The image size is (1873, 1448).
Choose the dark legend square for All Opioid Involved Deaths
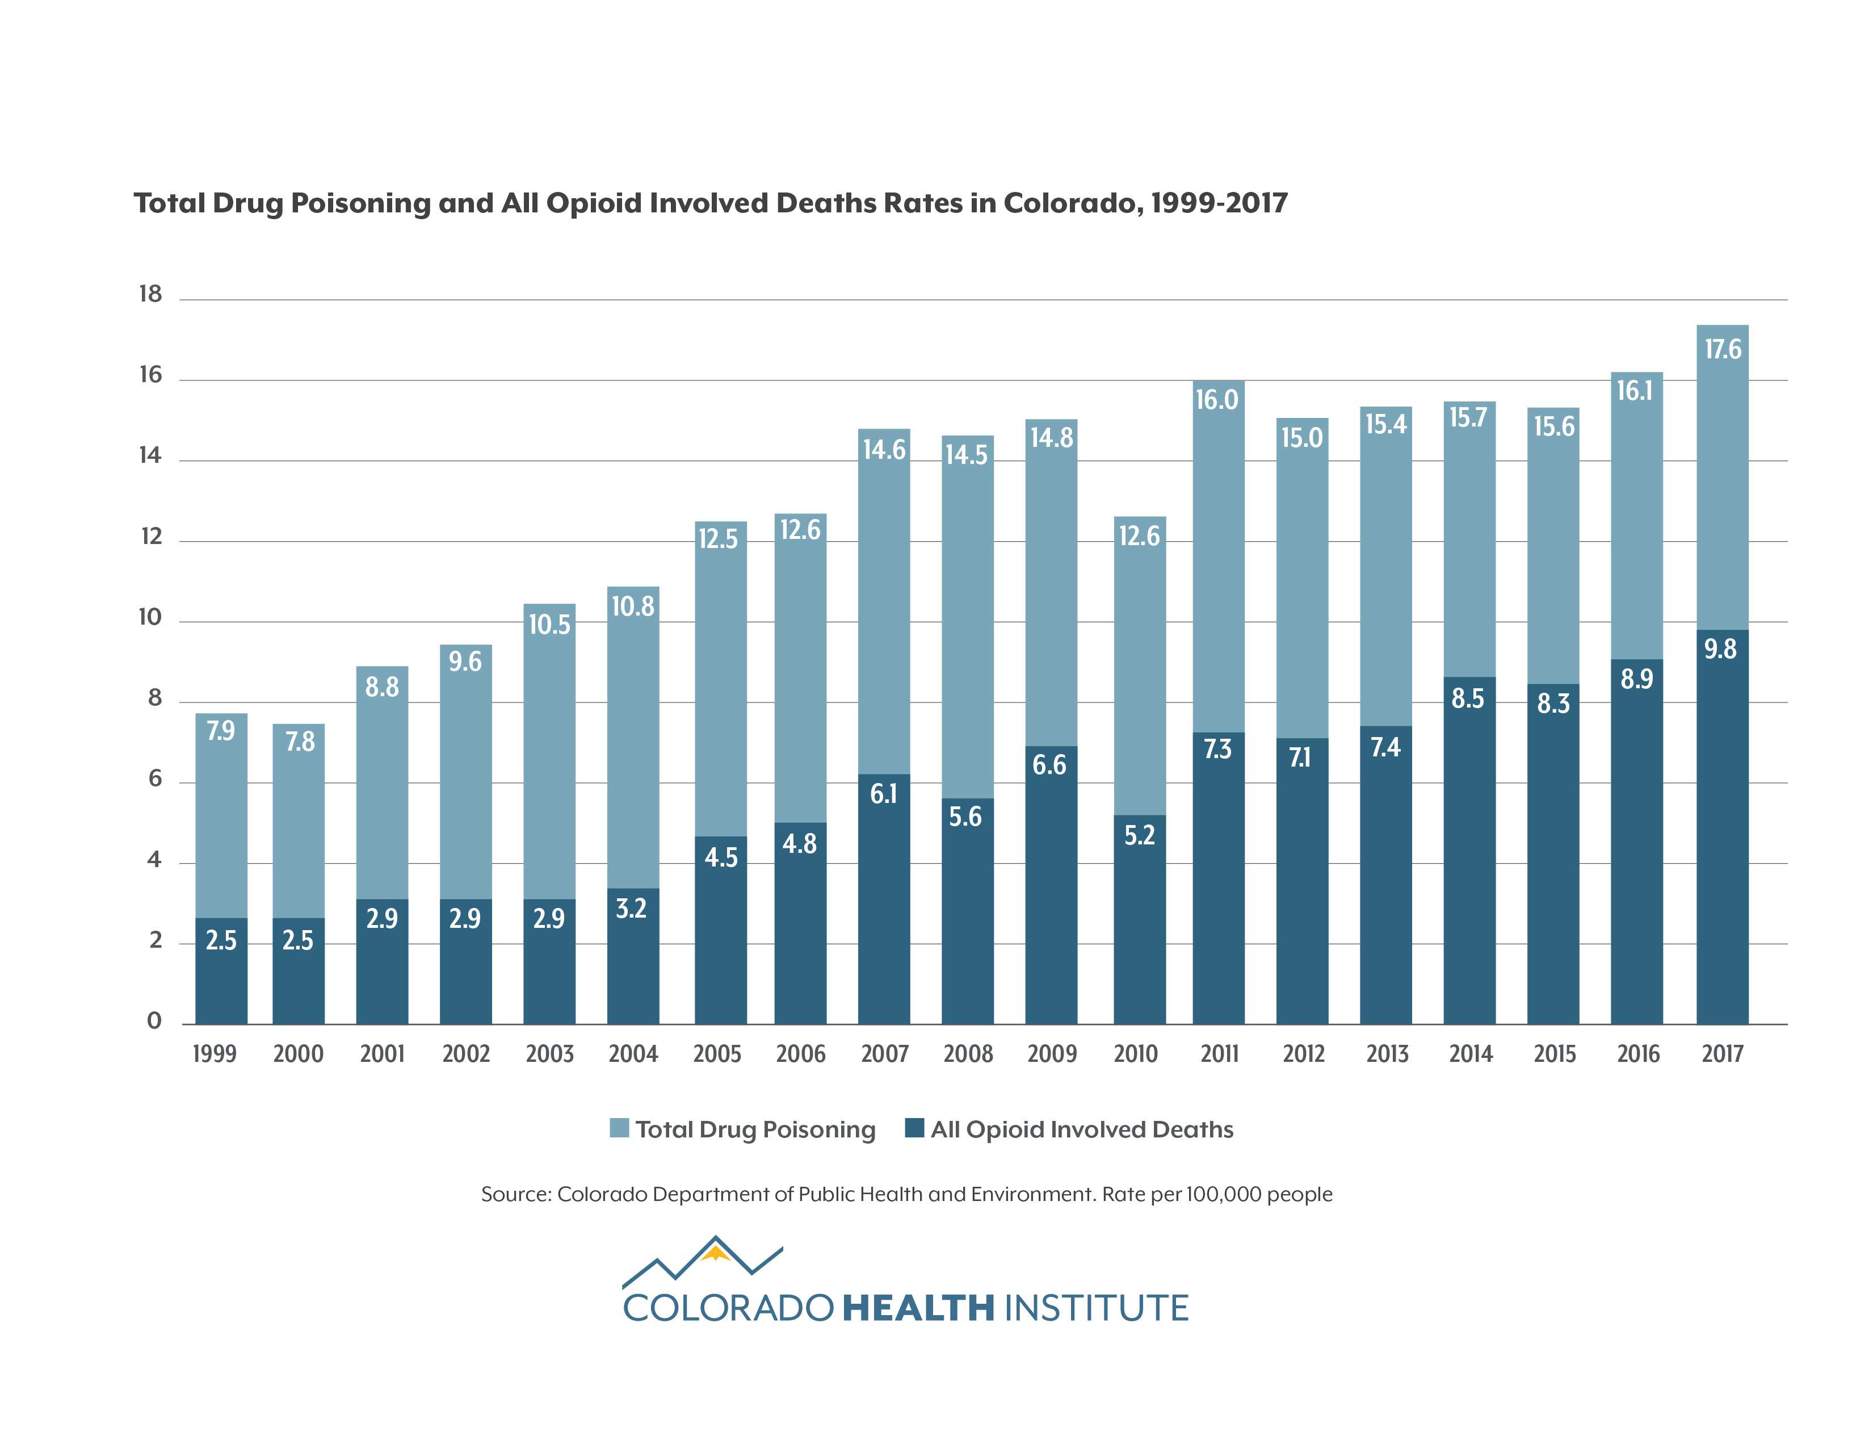pyautogui.click(x=914, y=1128)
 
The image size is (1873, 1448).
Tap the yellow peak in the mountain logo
pyautogui.click(x=715, y=1255)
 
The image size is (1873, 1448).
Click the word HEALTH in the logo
pyautogui.click(x=918, y=1309)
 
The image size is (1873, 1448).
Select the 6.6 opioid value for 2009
pyautogui.click(x=1049, y=765)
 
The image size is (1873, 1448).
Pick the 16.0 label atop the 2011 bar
pyautogui.click(x=1216, y=400)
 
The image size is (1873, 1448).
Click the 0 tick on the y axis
pyautogui.click(x=154, y=1021)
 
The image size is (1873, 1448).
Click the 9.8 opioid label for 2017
pyautogui.click(x=1720, y=650)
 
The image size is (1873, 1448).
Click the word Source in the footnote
pyautogui.click(x=515, y=1194)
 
